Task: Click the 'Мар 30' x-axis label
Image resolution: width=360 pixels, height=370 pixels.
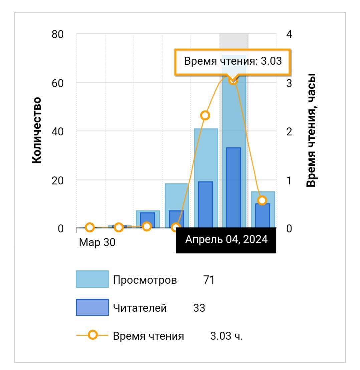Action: [x=97, y=242]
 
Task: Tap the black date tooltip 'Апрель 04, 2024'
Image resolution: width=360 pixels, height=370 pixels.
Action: [x=226, y=240]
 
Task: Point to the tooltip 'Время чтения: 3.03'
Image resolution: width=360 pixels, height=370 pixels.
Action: [x=233, y=61]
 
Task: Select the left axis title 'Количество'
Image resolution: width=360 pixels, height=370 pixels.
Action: [x=37, y=130]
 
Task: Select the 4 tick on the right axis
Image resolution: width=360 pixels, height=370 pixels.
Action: [x=289, y=34]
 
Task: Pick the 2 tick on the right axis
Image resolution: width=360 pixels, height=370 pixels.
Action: [x=289, y=131]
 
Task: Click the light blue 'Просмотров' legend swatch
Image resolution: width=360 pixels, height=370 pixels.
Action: [x=92, y=279]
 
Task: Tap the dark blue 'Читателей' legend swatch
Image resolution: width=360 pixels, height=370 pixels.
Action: [x=92, y=307]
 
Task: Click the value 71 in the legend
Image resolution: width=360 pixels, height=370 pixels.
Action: [x=209, y=280]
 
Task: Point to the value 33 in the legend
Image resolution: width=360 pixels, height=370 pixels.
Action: [x=199, y=308]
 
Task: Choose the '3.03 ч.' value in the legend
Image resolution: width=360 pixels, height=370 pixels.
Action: [x=226, y=336]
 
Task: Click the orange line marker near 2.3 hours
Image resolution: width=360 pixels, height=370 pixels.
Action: [x=205, y=115]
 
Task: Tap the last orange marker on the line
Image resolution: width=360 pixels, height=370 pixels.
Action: [x=262, y=200]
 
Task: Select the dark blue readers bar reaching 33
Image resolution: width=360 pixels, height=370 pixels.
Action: [x=233, y=187]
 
